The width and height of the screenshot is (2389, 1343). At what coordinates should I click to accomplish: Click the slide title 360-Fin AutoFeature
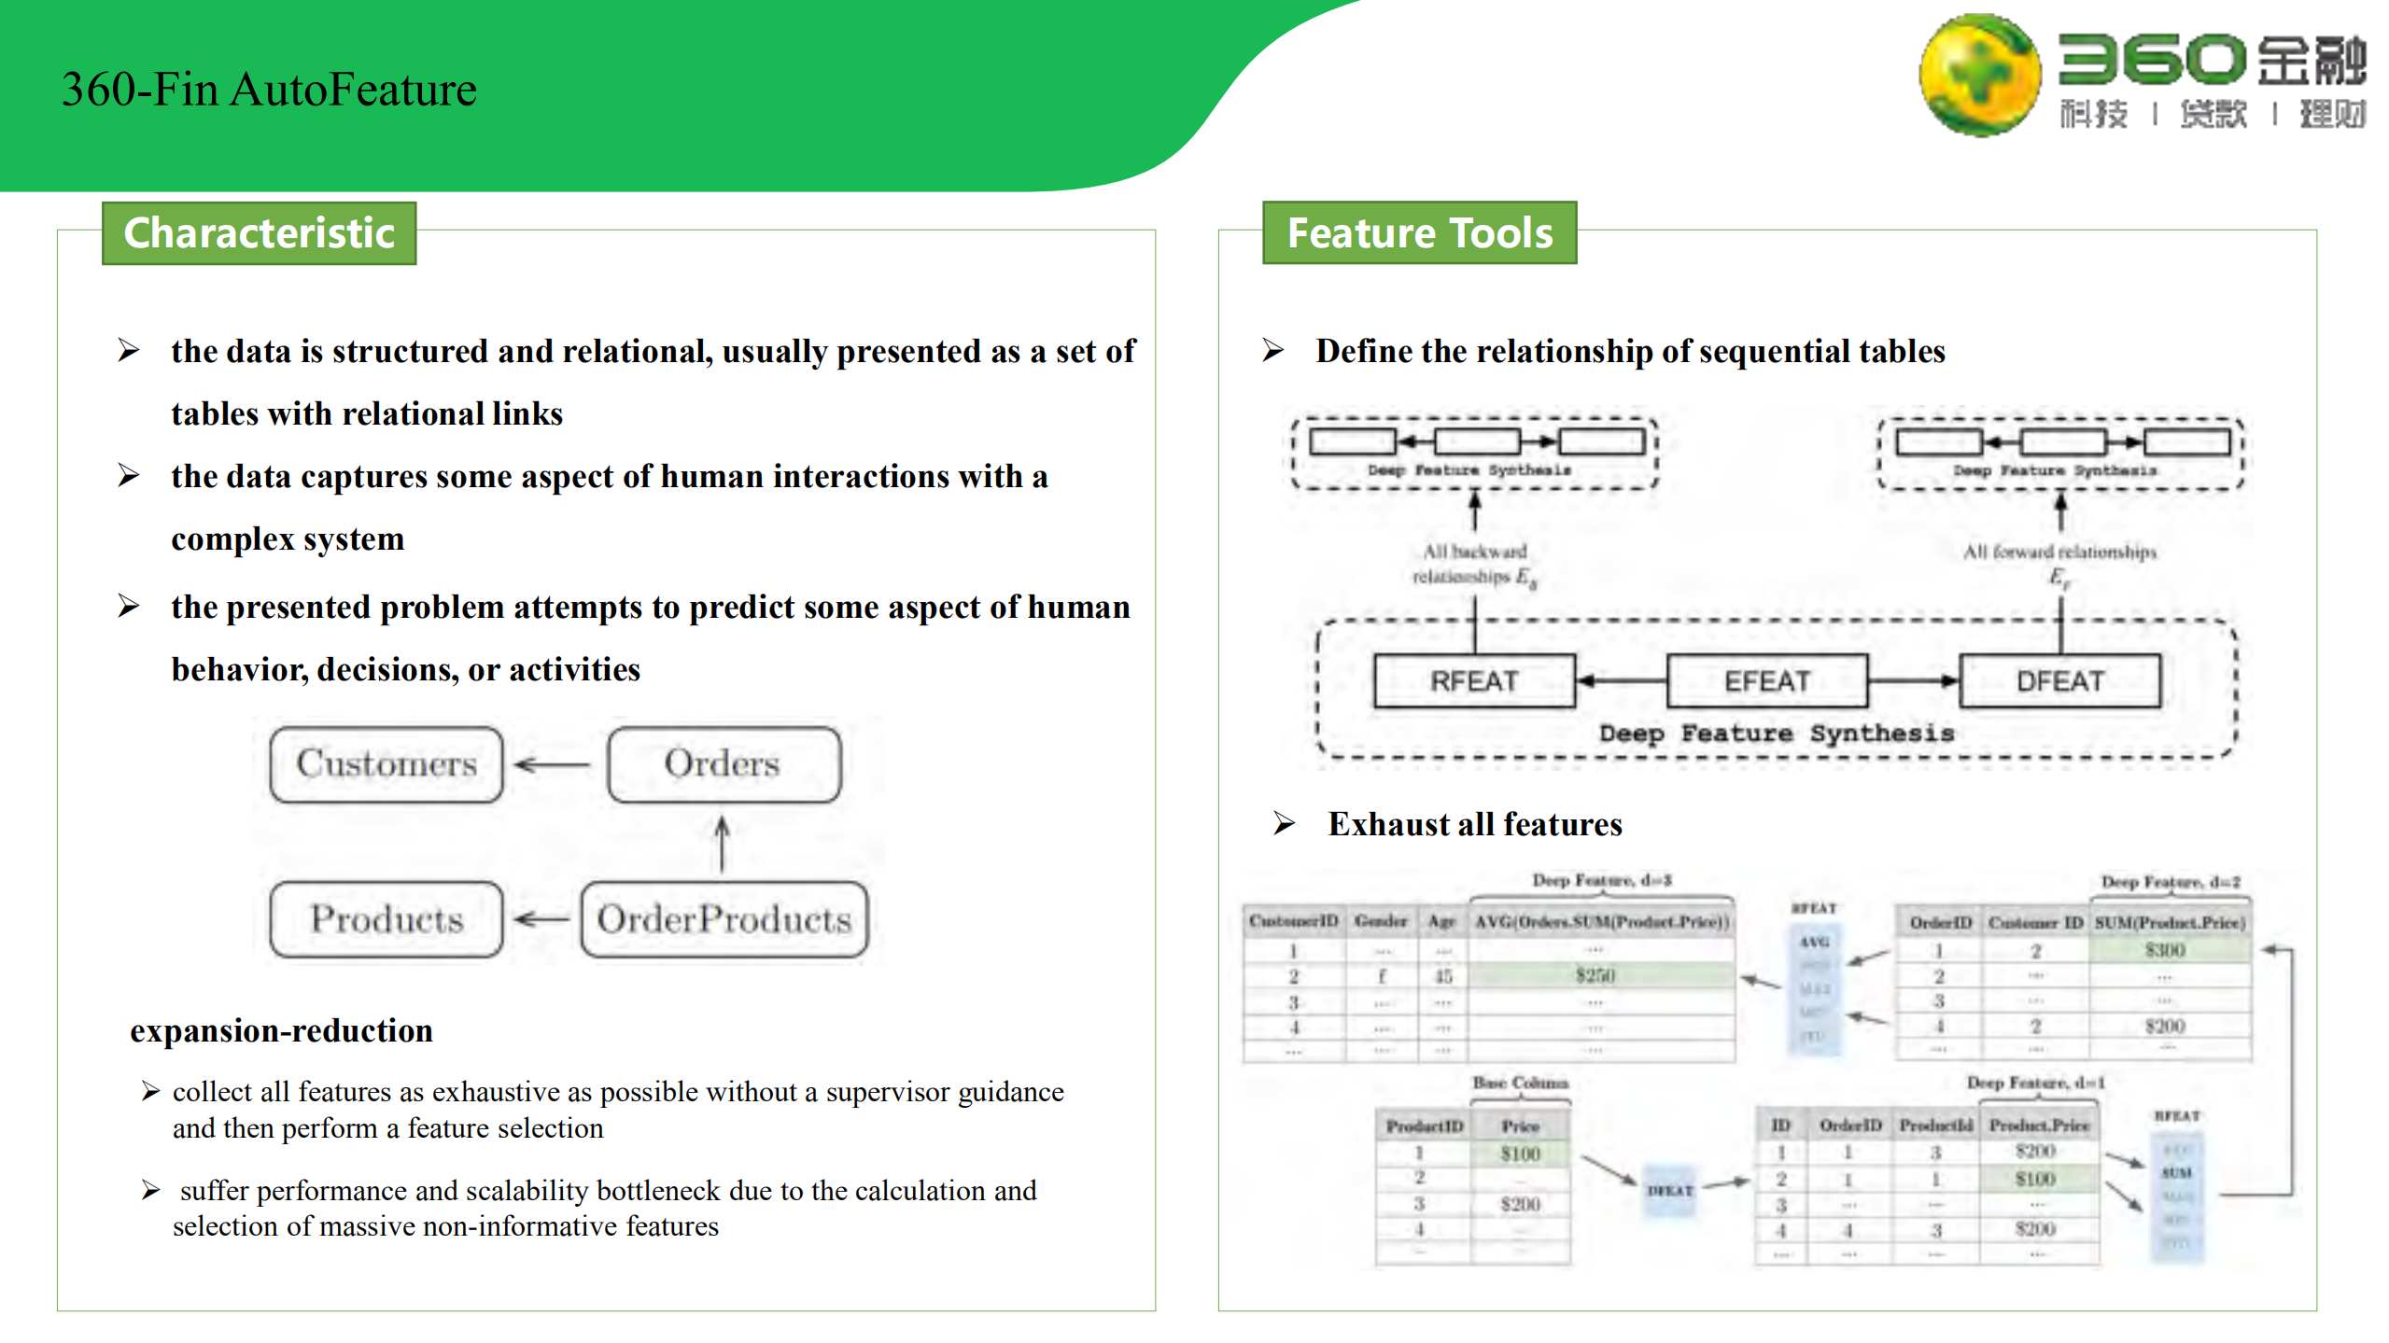(269, 91)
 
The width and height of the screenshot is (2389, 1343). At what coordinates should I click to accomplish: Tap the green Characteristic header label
(259, 233)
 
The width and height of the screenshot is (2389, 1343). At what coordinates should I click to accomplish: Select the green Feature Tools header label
(1419, 233)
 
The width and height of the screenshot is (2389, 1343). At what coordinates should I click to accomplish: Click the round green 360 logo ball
(1979, 75)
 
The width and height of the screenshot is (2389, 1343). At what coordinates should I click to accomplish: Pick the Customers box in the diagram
(386, 764)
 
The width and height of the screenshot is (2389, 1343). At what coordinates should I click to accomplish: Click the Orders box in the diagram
(723, 764)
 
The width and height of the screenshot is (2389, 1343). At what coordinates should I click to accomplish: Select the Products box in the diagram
(386, 919)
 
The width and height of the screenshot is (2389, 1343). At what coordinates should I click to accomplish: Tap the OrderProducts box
(724, 919)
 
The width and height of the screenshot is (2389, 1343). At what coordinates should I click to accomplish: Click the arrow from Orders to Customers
(554, 765)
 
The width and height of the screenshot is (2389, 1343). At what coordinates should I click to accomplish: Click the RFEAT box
(1474, 681)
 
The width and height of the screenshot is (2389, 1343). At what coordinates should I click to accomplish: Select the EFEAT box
(1766, 681)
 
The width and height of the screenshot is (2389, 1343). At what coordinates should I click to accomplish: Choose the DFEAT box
(2059, 681)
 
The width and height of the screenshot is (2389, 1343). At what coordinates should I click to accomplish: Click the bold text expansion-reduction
(281, 1030)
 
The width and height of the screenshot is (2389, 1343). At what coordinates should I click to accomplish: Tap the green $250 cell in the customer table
(1595, 976)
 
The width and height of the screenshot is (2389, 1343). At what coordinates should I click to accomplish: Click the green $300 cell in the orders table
(2165, 950)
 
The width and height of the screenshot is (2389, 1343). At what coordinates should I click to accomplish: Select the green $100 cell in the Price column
(1520, 1154)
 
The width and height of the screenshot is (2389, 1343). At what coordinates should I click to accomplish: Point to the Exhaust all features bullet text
(1474, 824)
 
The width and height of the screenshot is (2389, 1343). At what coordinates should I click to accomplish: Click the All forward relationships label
(2059, 553)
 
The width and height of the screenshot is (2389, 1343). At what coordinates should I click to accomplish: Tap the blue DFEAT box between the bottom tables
(1669, 1191)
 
